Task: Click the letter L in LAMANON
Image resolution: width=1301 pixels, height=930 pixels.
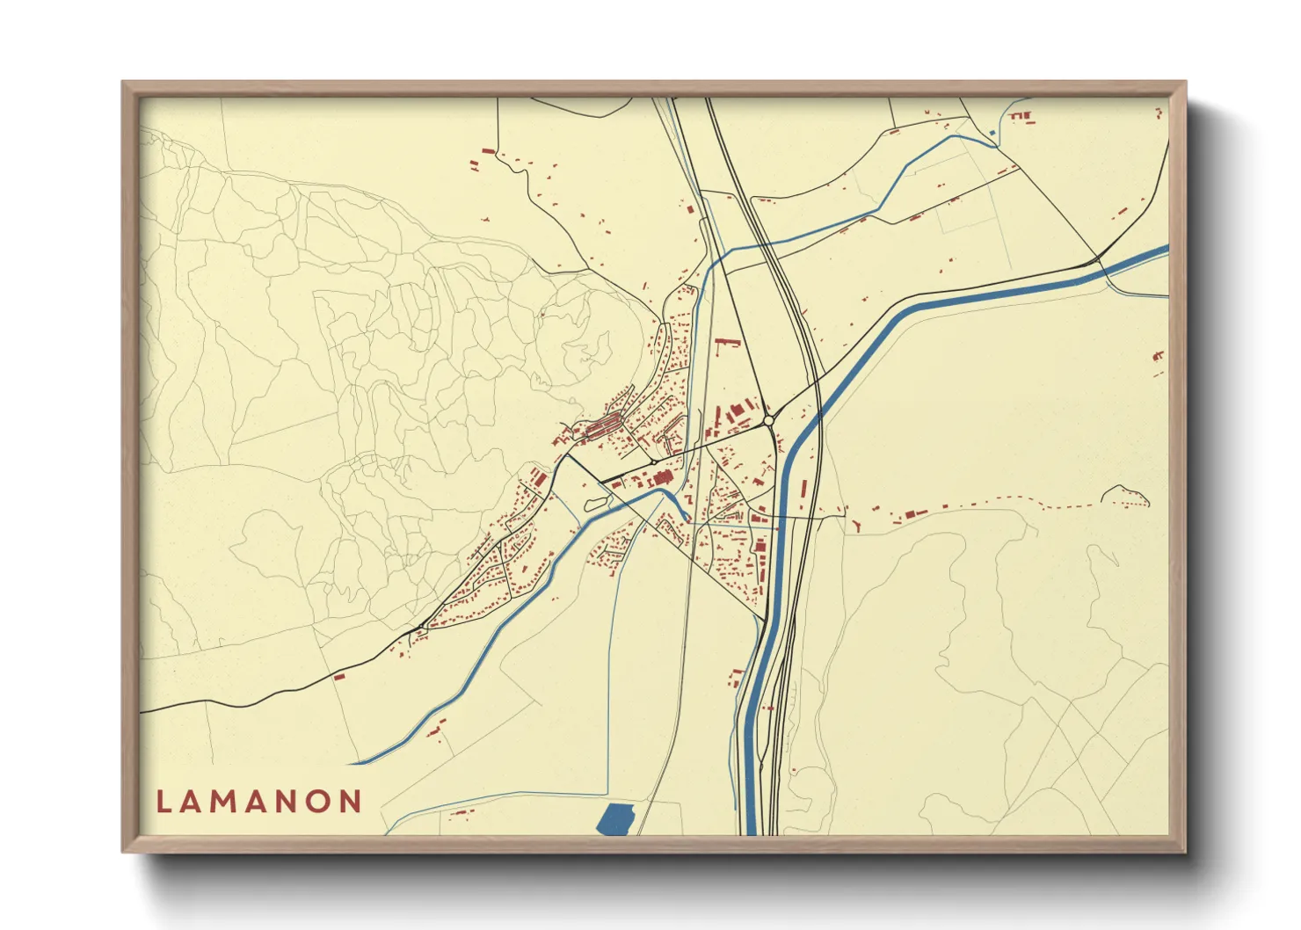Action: point(163,802)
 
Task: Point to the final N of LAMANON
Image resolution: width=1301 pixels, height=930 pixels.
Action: point(352,802)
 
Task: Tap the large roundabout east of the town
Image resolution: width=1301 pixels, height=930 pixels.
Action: point(769,422)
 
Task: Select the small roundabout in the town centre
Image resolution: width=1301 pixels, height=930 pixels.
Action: point(655,461)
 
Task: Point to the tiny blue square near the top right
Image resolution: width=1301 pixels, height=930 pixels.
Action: point(993,134)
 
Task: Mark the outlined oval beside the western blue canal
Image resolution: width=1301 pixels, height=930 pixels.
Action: point(595,504)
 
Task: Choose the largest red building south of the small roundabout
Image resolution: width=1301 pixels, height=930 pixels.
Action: point(660,477)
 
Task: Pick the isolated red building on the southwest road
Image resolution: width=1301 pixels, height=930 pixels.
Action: point(338,676)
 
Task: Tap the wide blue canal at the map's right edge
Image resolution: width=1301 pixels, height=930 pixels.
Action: point(1152,254)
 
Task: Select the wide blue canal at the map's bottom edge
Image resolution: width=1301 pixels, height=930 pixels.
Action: point(750,817)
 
